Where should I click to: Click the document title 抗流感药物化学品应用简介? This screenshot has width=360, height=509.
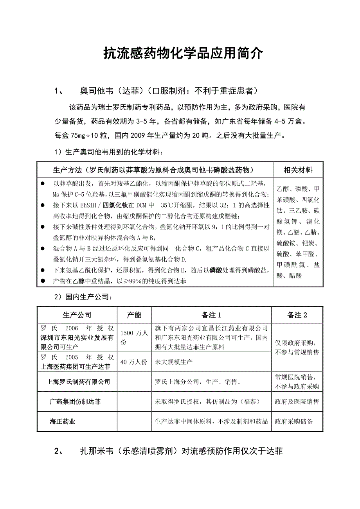183,54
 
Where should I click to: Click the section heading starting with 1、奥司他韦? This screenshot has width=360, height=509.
157,91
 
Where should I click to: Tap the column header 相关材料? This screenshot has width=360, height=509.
298,170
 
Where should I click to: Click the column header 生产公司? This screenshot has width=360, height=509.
77,315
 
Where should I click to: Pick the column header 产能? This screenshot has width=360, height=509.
134,315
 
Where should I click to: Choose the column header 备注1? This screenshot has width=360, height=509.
212,315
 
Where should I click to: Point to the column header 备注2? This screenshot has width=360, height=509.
297,315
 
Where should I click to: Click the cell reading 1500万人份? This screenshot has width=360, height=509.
134,337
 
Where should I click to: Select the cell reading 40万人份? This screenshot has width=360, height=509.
134,362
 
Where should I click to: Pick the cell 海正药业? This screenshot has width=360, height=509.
63,421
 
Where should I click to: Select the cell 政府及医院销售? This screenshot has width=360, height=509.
297,401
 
